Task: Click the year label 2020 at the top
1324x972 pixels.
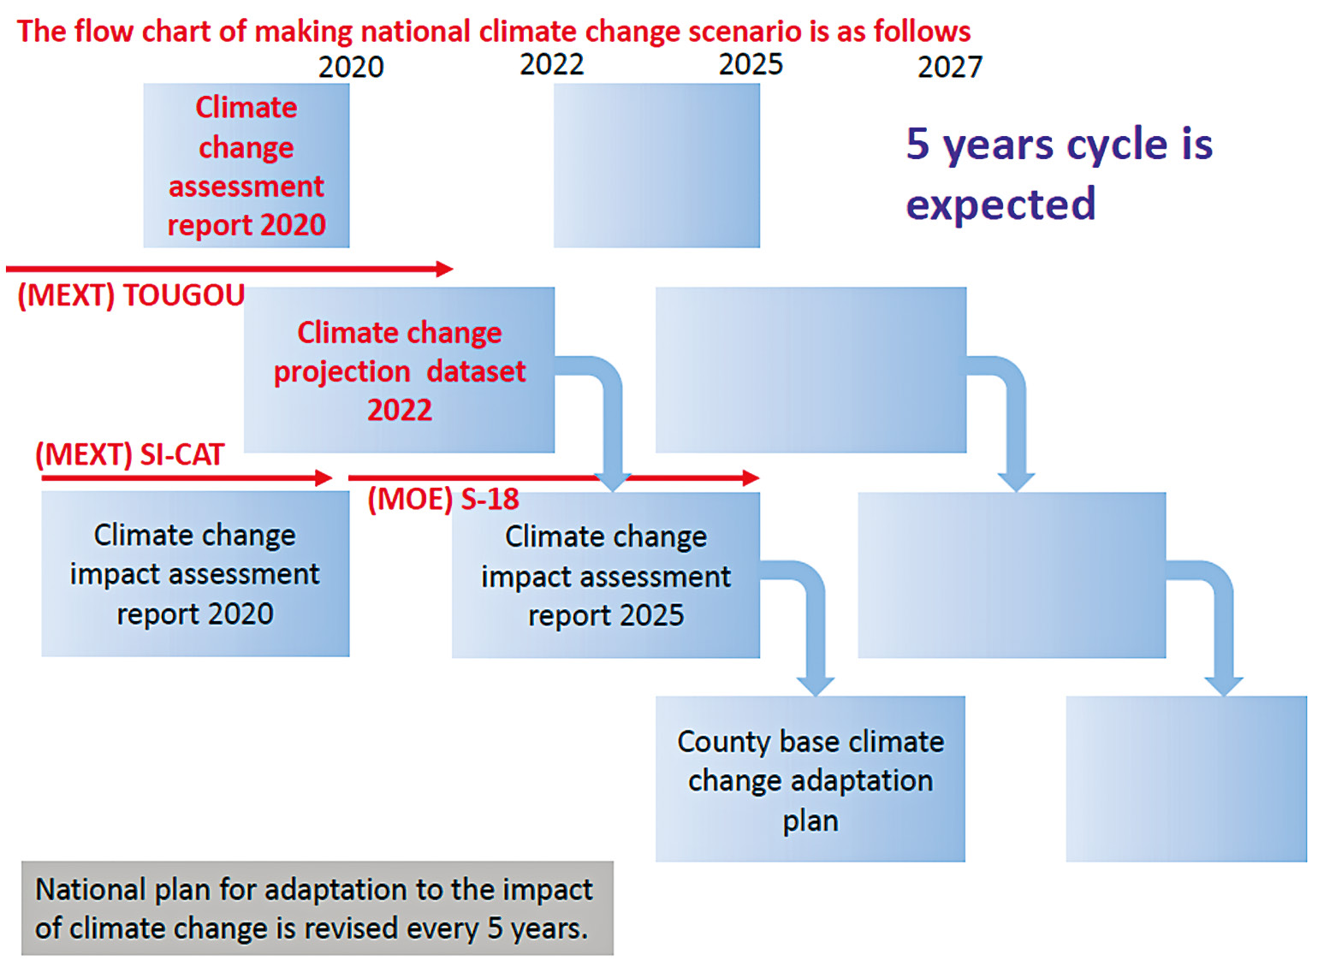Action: point(351,68)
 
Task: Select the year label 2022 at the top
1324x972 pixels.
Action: point(551,64)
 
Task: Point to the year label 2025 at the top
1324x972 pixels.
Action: point(751,64)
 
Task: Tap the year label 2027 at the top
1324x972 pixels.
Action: point(950,68)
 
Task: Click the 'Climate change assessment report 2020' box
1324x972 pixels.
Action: point(246,165)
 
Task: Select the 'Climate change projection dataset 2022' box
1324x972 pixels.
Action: point(399,370)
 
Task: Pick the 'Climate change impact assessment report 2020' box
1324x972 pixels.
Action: point(195,574)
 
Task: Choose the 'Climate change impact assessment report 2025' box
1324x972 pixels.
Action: point(606,575)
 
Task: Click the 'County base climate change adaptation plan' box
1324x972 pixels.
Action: point(810,779)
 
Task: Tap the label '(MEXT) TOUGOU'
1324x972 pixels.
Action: point(131,295)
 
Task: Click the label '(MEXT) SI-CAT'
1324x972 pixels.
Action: point(129,455)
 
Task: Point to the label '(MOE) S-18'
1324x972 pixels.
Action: point(443,500)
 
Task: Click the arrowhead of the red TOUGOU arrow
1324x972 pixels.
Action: point(444,270)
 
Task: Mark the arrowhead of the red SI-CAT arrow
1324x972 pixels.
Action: point(324,477)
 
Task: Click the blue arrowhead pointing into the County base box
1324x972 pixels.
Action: point(816,686)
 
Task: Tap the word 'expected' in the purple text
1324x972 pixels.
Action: point(1000,204)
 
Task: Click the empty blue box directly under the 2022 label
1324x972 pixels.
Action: point(656,165)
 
